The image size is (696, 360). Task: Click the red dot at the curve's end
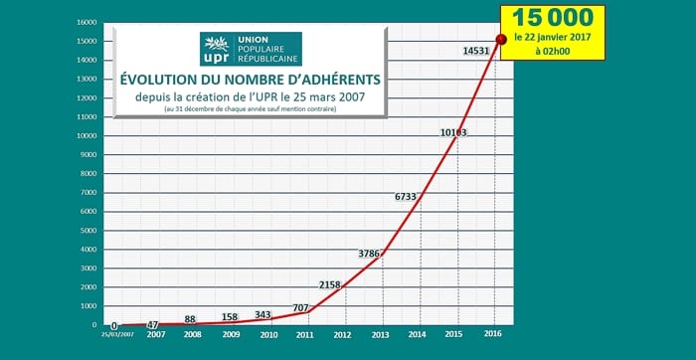coord(500,39)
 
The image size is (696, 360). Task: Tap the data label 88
coord(191,319)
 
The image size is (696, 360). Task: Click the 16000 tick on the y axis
coord(87,22)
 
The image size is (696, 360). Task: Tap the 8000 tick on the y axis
coord(89,173)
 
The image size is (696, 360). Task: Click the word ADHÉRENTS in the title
coord(330,79)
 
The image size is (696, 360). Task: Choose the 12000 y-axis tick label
coord(87,97)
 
